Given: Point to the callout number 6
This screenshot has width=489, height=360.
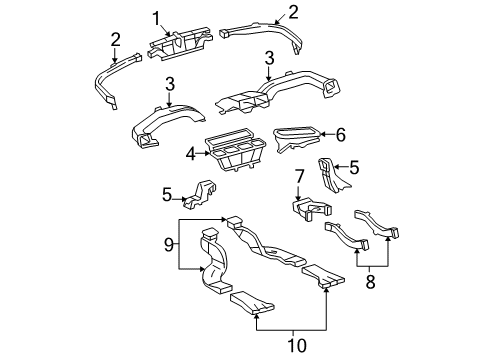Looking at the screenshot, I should [341, 133].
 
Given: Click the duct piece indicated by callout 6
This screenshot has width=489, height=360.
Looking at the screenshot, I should [299, 137].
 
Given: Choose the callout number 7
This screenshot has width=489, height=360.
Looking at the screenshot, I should [298, 177].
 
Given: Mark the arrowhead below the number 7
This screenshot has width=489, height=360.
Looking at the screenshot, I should [298, 198].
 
